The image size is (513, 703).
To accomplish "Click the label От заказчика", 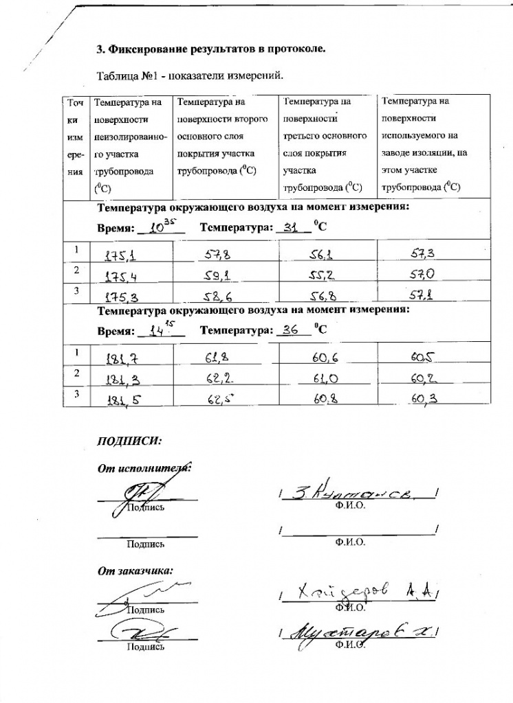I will click(134, 569).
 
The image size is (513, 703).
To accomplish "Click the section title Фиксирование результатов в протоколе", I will click(210, 49).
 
